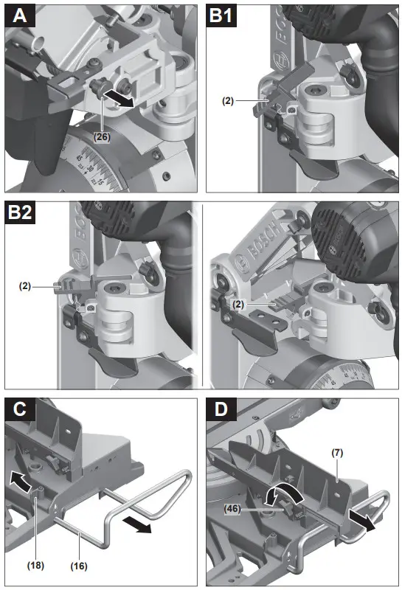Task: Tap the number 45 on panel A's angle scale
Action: (79, 157)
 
